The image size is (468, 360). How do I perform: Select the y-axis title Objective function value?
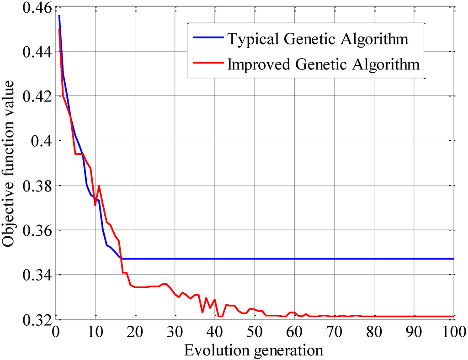coord(10,164)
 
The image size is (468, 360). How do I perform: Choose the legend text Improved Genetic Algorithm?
coord(323,64)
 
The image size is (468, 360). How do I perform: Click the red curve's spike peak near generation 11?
coord(99,186)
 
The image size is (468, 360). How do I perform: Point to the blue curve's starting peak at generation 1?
coord(59,16)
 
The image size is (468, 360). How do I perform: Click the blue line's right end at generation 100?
coord(453,259)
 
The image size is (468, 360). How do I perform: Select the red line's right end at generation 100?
coord(453,316)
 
